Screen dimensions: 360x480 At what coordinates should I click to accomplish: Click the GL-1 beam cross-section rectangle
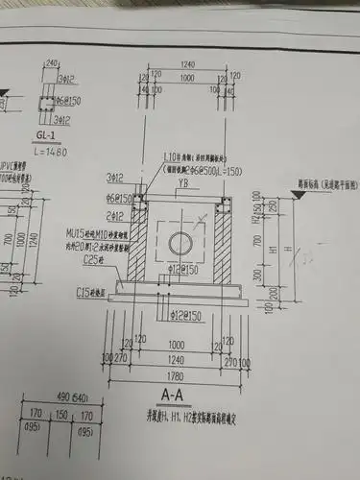44,102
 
